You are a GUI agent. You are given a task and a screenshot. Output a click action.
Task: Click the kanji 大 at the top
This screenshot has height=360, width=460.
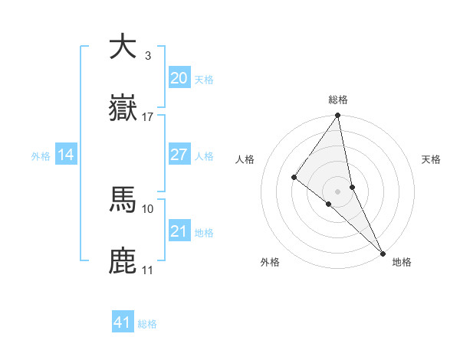pyautogui.click(x=123, y=46)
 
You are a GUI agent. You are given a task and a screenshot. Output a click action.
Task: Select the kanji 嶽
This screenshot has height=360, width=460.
pyautogui.click(x=123, y=109)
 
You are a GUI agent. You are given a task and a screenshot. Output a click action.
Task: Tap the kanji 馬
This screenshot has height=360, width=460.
pyautogui.click(x=123, y=200)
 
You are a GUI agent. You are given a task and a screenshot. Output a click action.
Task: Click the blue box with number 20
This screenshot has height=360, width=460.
pyautogui.click(x=179, y=78)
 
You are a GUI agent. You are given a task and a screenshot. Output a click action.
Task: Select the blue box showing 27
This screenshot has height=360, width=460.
pyautogui.click(x=179, y=155)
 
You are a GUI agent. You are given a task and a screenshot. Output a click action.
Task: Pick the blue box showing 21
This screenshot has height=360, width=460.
pyautogui.click(x=179, y=231)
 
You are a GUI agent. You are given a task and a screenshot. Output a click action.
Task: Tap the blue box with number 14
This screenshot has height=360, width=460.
pyautogui.click(x=66, y=155)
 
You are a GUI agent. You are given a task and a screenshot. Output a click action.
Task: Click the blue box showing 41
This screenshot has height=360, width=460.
pyautogui.click(x=123, y=322)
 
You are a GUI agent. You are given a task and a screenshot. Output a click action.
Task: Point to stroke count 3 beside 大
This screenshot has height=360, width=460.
pyautogui.click(x=147, y=55)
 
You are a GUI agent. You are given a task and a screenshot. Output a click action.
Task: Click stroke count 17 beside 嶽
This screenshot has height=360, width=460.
pyautogui.click(x=148, y=117)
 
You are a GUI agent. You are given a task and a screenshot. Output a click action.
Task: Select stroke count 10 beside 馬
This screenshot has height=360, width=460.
pyautogui.click(x=148, y=208)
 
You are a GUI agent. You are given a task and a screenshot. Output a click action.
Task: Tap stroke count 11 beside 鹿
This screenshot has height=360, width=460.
pyautogui.click(x=148, y=270)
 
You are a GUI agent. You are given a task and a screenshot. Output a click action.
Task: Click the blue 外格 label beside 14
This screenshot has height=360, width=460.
pyautogui.click(x=41, y=156)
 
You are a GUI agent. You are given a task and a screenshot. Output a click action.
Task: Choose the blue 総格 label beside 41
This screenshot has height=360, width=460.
pyautogui.click(x=147, y=324)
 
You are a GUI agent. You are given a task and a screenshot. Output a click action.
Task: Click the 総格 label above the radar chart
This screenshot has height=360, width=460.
pyautogui.click(x=338, y=100)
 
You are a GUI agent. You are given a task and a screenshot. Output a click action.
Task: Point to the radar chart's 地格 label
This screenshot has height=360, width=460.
pyautogui.click(x=402, y=262)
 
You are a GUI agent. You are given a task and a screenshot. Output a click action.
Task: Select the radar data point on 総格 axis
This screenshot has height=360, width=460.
pyautogui.click(x=337, y=116)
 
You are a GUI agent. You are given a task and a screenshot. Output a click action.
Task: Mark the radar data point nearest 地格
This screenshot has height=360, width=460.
pyautogui.click(x=383, y=251)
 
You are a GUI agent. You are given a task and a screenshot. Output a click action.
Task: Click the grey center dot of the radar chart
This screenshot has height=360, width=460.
pyautogui.click(x=337, y=190)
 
